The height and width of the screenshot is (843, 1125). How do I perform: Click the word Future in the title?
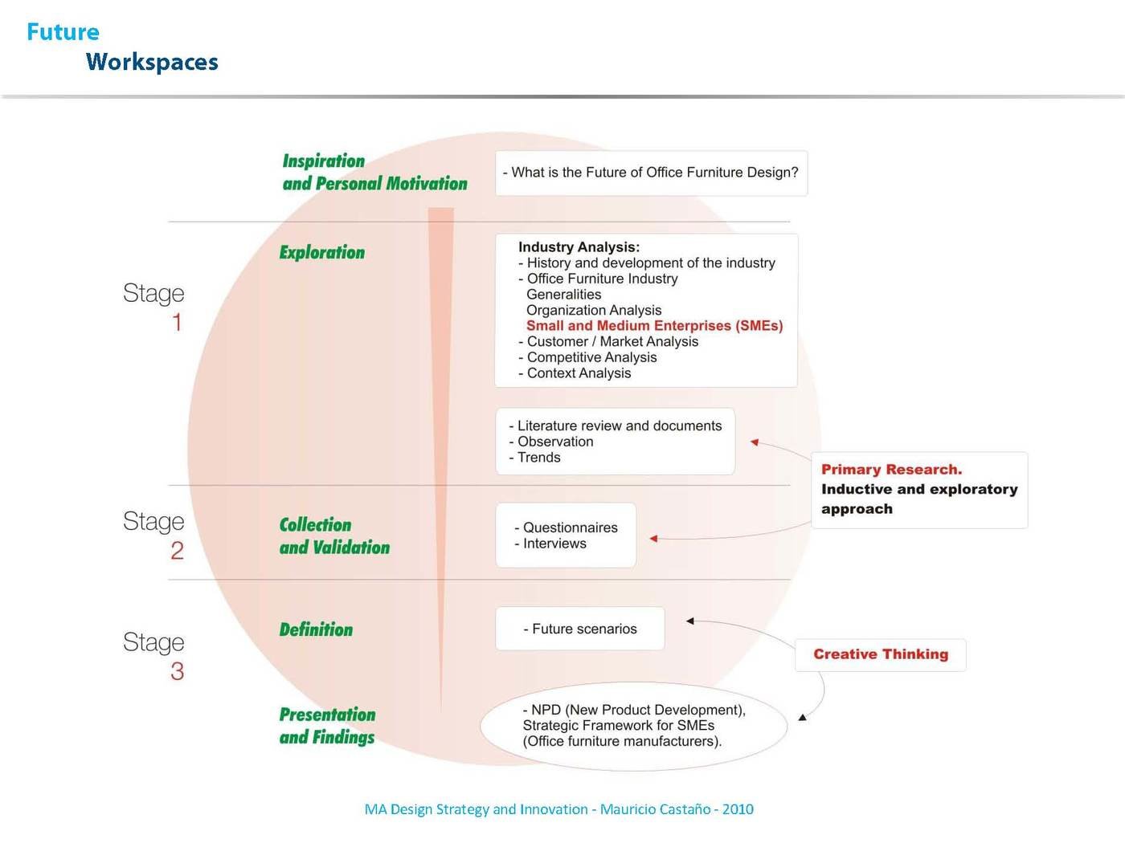tap(63, 32)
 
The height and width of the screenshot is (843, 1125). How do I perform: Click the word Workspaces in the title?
tap(152, 63)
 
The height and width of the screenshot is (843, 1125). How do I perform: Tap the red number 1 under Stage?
tap(177, 323)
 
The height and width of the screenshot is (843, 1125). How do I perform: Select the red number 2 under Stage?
tap(177, 551)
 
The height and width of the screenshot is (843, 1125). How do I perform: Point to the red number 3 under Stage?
tap(178, 671)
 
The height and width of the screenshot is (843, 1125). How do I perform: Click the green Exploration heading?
tap(322, 252)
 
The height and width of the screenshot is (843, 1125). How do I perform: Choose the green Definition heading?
tap(316, 629)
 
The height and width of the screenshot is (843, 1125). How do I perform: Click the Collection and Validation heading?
tap(334, 536)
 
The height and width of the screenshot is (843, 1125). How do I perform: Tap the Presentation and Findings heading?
tap(327, 726)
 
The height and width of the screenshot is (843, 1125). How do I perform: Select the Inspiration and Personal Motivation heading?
tap(374, 172)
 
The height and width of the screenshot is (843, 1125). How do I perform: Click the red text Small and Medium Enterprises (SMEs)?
tap(654, 326)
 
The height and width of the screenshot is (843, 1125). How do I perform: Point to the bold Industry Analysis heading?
tap(579, 247)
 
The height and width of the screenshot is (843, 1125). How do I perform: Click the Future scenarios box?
tap(579, 629)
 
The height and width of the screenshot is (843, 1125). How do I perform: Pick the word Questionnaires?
tap(570, 527)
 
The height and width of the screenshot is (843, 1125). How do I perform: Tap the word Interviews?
tap(554, 544)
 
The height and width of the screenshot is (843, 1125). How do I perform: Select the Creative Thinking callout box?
tap(881, 654)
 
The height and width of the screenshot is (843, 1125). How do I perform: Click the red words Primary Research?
tap(891, 470)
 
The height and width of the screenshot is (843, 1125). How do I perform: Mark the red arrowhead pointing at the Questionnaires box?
tap(653, 539)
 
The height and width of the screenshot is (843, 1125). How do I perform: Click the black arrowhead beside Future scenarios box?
tap(689, 621)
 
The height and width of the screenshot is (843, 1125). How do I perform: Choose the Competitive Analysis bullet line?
tap(587, 357)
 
